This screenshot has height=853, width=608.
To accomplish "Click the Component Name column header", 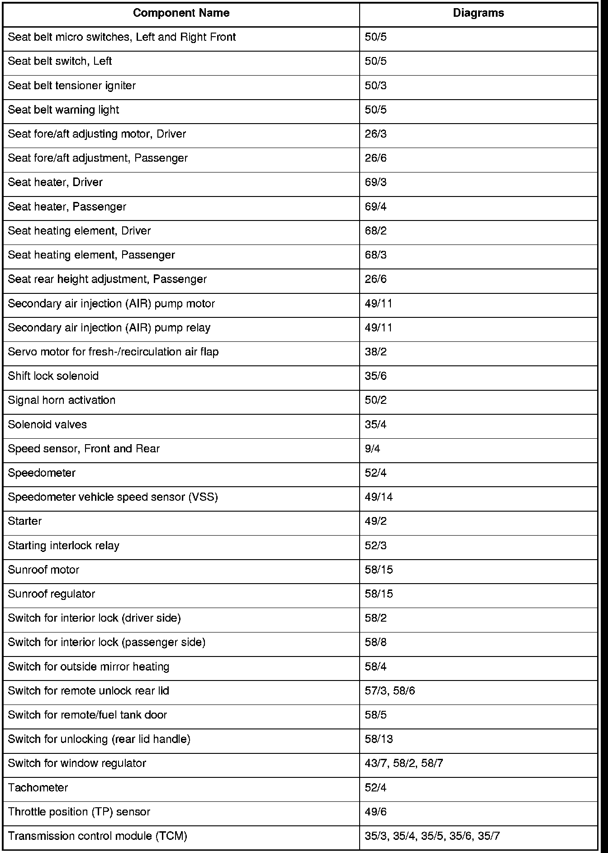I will pyautogui.click(x=181, y=13).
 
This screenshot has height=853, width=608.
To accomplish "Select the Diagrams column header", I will pyautogui.click(x=478, y=13).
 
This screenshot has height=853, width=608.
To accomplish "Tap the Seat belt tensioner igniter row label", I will pyautogui.click(x=72, y=86).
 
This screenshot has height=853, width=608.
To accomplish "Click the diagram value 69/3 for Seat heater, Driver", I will pyautogui.click(x=375, y=182).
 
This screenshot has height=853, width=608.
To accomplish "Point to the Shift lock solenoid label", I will pyautogui.click(x=53, y=376).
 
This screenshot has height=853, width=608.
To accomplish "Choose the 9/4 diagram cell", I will pyautogui.click(x=372, y=449).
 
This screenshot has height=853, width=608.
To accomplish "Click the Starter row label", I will pyautogui.click(x=25, y=521).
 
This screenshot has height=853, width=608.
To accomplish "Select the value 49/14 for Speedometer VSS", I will pyautogui.click(x=379, y=497).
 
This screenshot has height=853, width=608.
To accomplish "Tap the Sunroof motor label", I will pyautogui.click(x=43, y=570).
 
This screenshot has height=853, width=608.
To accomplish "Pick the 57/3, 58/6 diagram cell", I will pyautogui.click(x=389, y=691).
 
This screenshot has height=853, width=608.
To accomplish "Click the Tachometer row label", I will pyautogui.click(x=38, y=788).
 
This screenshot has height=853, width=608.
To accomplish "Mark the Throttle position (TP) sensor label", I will pyautogui.click(x=79, y=812).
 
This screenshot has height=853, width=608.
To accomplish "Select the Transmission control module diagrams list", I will pyautogui.click(x=432, y=836).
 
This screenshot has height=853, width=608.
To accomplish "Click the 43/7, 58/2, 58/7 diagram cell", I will pyautogui.click(x=404, y=763).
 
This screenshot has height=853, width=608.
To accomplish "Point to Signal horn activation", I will pyautogui.click(x=62, y=400).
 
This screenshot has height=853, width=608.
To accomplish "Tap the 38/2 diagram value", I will pyautogui.click(x=375, y=352).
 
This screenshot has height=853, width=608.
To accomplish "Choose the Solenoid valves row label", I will pyautogui.click(x=47, y=425).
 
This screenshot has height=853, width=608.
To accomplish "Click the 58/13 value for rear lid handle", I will pyautogui.click(x=379, y=739).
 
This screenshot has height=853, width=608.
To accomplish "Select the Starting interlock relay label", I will pyautogui.click(x=64, y=546).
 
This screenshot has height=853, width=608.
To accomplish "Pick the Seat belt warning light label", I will pyautogui.click(x=64, y=110).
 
